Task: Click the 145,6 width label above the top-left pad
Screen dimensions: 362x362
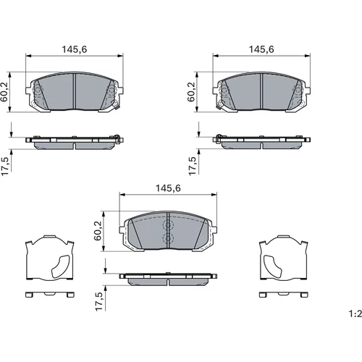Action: pos(75,49)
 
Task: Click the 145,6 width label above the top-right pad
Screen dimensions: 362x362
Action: pos(261,49)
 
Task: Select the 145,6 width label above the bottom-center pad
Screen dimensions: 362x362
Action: pos(168,188)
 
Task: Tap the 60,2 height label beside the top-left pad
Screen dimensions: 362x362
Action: pos(4,92)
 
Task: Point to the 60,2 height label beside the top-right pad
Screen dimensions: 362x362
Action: pos(191,92)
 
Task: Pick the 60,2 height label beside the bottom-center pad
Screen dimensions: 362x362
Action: pos(98,231)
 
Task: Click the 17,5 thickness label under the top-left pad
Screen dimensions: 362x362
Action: pos(5,167)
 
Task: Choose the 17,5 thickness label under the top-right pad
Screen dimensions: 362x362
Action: pos(193,166)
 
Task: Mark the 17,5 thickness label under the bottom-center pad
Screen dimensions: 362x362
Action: pos(98,302)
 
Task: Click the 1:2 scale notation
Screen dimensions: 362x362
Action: pos(355,313)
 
